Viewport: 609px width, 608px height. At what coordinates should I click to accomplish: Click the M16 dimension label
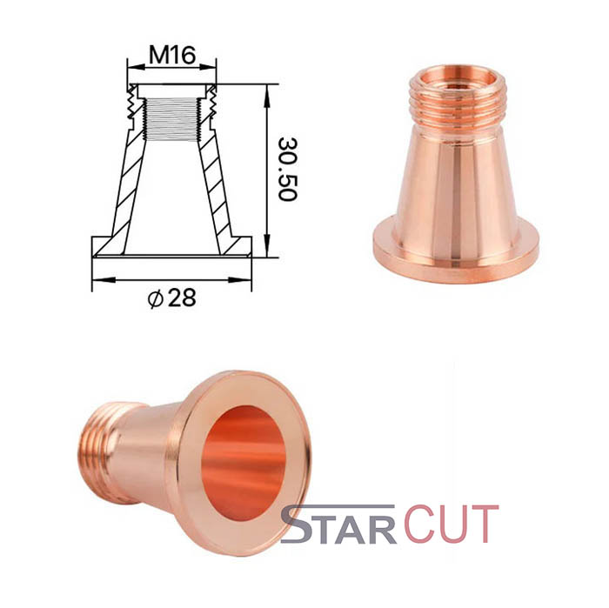coord(172,55)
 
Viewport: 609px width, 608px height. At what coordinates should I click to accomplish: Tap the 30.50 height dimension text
coord(287,169)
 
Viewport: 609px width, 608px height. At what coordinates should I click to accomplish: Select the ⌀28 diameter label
coord(172,298)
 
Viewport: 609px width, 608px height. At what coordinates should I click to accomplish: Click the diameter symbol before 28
coord(155,299)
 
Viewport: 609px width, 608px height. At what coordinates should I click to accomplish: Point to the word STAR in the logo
coord(338,524)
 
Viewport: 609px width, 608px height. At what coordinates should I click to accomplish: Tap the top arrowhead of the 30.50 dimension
coord(267,96)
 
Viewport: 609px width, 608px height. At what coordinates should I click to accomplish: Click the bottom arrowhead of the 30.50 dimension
coord(267,245)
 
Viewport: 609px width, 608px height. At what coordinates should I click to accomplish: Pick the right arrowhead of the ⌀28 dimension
coord(240,279)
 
